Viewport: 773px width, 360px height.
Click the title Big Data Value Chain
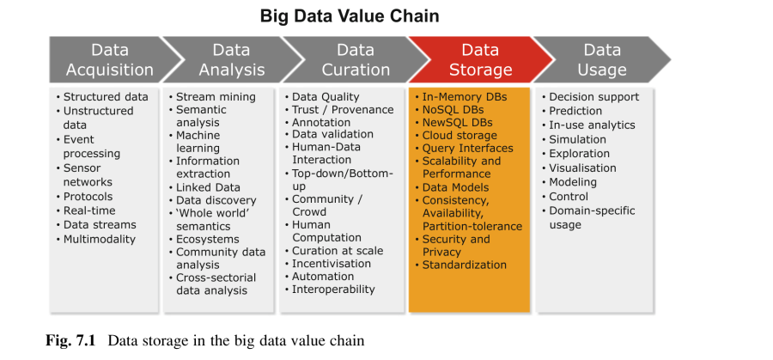click(350, 16)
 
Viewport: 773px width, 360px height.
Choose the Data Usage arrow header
click(602, 59)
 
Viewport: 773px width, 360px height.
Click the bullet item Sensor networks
click(85, 175)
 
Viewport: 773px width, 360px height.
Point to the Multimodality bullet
click(95, 239)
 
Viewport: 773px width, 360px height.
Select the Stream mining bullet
click(212, 96)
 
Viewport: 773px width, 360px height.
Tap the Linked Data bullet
click(204, 187)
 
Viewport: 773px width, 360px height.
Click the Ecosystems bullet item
click(204, 239)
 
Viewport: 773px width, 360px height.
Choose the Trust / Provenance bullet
click(339, 109)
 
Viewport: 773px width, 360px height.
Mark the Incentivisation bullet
click(327, 264)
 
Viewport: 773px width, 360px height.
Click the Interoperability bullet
click(329, 289)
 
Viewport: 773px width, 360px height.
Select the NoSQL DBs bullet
click(449, 109)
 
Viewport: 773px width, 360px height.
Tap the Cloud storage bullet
click(456, 135)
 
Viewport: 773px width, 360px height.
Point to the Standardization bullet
click(460, 265)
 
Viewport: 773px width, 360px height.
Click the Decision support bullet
click(590, 96)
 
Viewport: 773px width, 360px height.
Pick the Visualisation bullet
click(579, 168)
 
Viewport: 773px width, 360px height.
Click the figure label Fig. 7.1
click(70, 340)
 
